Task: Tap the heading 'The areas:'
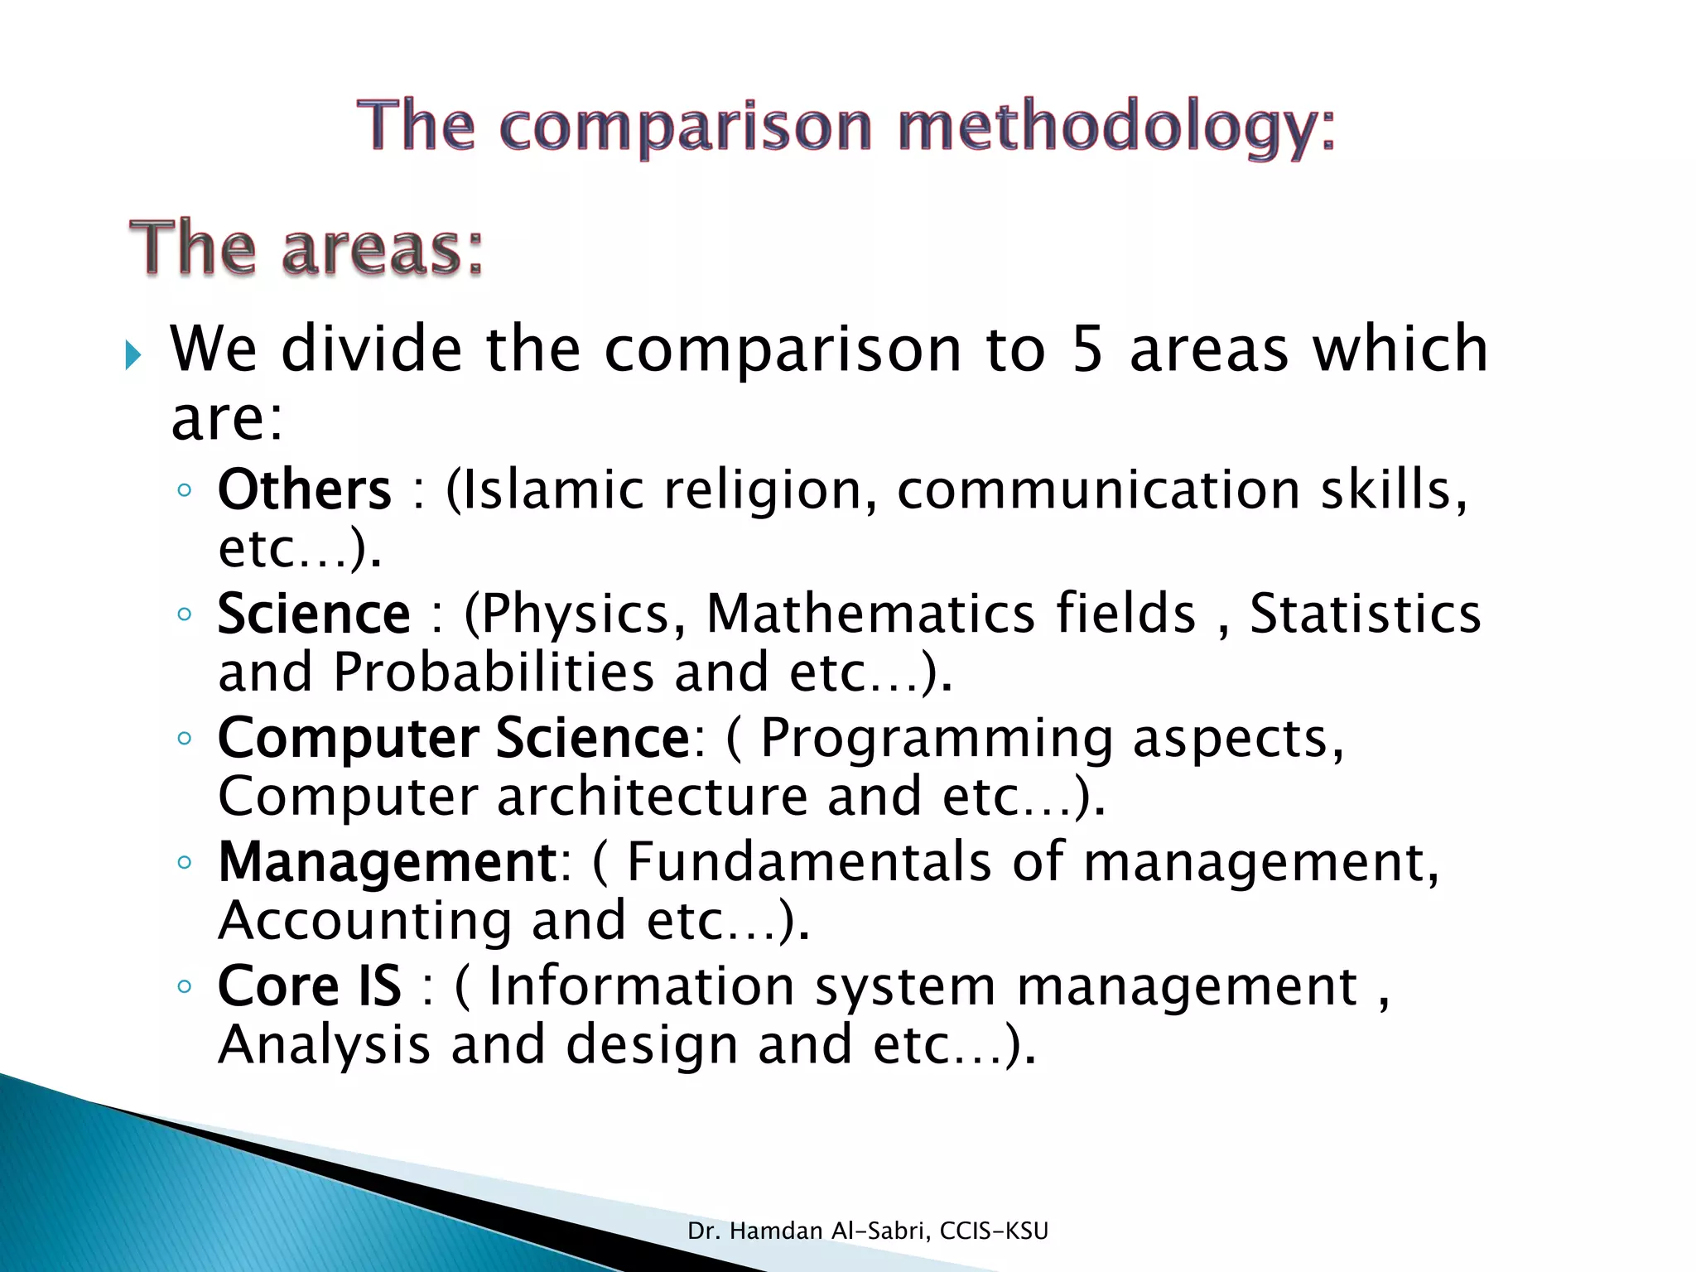click(306, 248)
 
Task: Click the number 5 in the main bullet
click(1086, 349)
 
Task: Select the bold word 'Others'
click(304, 489)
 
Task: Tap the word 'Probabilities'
click(494, 672)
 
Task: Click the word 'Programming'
click(937, 738)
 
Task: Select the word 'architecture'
click(652, 796)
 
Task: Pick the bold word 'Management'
click(388, 862)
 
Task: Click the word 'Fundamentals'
click(808, 862)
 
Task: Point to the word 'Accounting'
click(364, 920)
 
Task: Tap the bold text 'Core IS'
click(309, 986)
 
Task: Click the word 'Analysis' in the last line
click(324, 1044)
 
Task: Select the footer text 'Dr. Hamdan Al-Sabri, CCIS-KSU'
click(868, 1231)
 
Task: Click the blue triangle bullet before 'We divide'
click(133, 355)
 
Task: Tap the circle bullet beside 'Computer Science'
click(184, 738)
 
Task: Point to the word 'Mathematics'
click(870, 614)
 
